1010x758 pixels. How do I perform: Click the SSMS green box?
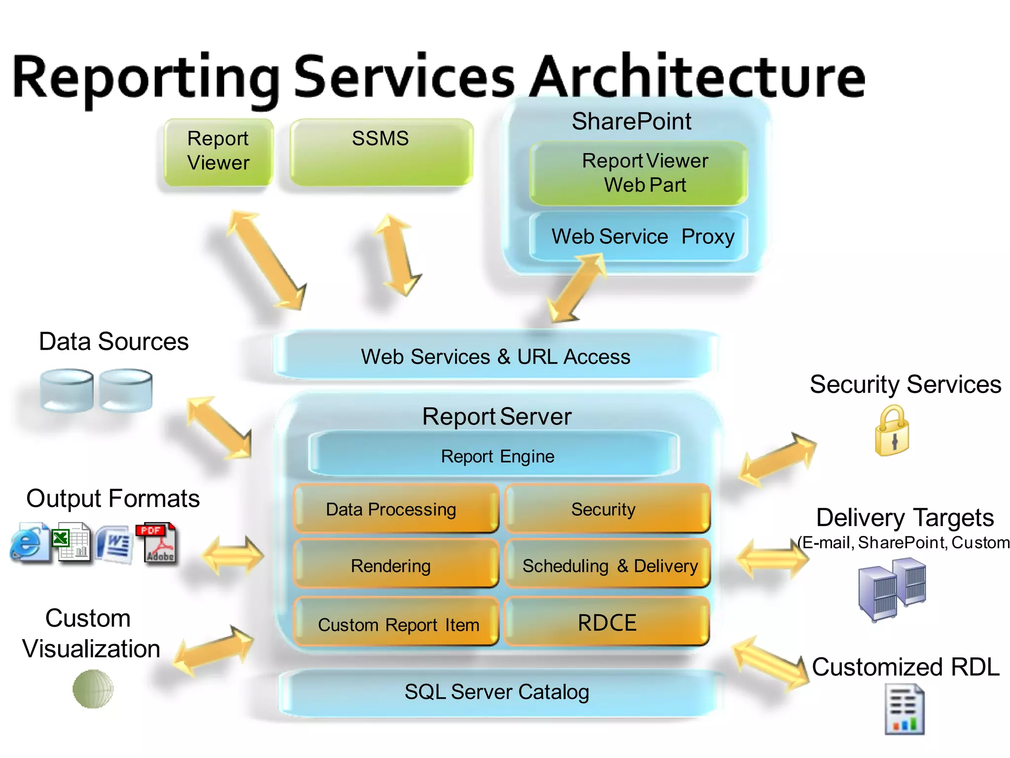coord(381,152)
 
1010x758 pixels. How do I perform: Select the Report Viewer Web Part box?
coord(639,173)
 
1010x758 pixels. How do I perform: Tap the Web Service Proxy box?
coord(639,236)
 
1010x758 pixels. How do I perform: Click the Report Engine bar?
coord(495,455)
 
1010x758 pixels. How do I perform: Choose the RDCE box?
coord(607,622)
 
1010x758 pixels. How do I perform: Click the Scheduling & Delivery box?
coord(609,565)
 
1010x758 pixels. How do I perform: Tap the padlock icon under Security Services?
coord(892,431)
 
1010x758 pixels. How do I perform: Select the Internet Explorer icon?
coord(29,543)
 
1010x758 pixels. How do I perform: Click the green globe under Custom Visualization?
coord(93,689)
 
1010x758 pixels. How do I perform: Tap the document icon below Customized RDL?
coord(904,710)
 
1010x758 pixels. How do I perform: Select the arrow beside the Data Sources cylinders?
coord(219,427)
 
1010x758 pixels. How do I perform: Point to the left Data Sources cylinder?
coord(67,390)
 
